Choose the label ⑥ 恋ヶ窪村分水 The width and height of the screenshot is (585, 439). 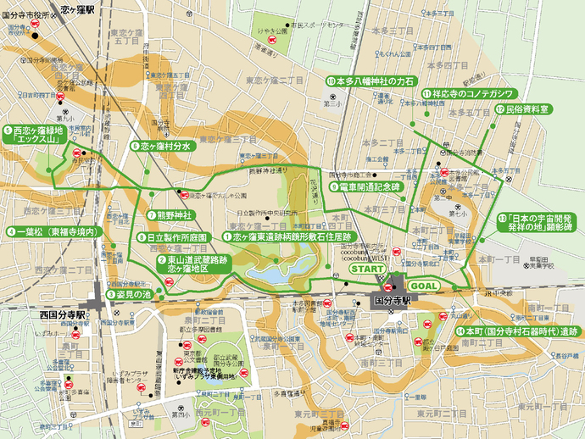coord(164,146)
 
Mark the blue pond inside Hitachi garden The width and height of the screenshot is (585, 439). coord(277,274)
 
